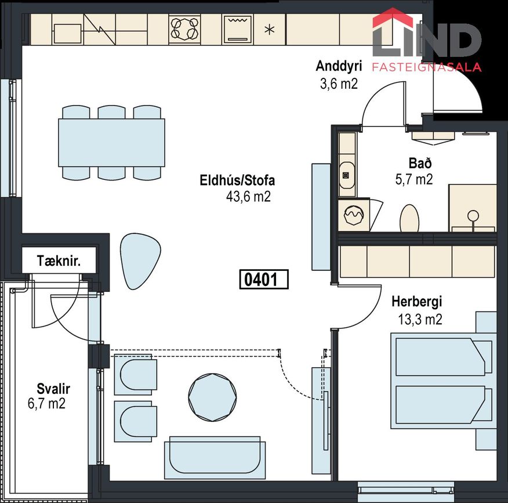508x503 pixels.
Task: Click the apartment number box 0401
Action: [264, 280]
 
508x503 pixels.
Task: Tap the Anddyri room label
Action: [339, 66]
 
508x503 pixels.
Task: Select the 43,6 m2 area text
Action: [248, 197]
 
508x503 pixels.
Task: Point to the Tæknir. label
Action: [59, 261]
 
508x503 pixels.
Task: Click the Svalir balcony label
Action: [53, 388]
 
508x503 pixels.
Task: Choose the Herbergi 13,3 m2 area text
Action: [420, 319]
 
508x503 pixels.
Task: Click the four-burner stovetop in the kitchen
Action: [184, 29]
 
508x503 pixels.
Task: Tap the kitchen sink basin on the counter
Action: [67, 34]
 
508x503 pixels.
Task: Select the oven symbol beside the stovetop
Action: [238, 29]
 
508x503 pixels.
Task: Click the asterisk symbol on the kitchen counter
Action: [270, 30]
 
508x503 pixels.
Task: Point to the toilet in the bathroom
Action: [409, 218]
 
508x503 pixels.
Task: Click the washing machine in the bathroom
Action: [354, 215]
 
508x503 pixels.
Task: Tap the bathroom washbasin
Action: [347, 175]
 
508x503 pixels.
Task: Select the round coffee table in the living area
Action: [212, 397]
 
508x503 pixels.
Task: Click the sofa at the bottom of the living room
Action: [215, 458]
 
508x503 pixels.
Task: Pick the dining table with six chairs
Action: [111, 143]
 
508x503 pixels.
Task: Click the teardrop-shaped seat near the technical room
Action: [140, 261]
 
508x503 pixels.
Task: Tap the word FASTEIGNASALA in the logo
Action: [426, 67]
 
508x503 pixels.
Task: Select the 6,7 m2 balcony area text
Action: [46, 403]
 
